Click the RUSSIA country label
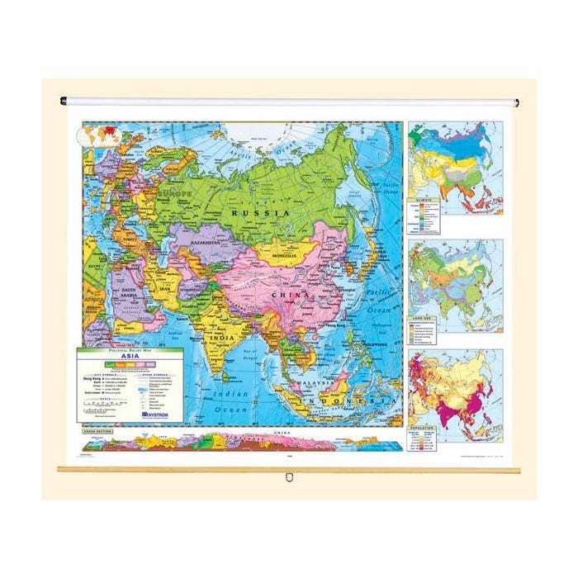[x=260, y=212]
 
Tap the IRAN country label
[x=164, y=291]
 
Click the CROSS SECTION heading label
[x=94, y=433]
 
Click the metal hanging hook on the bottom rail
[x=289, y=476]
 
